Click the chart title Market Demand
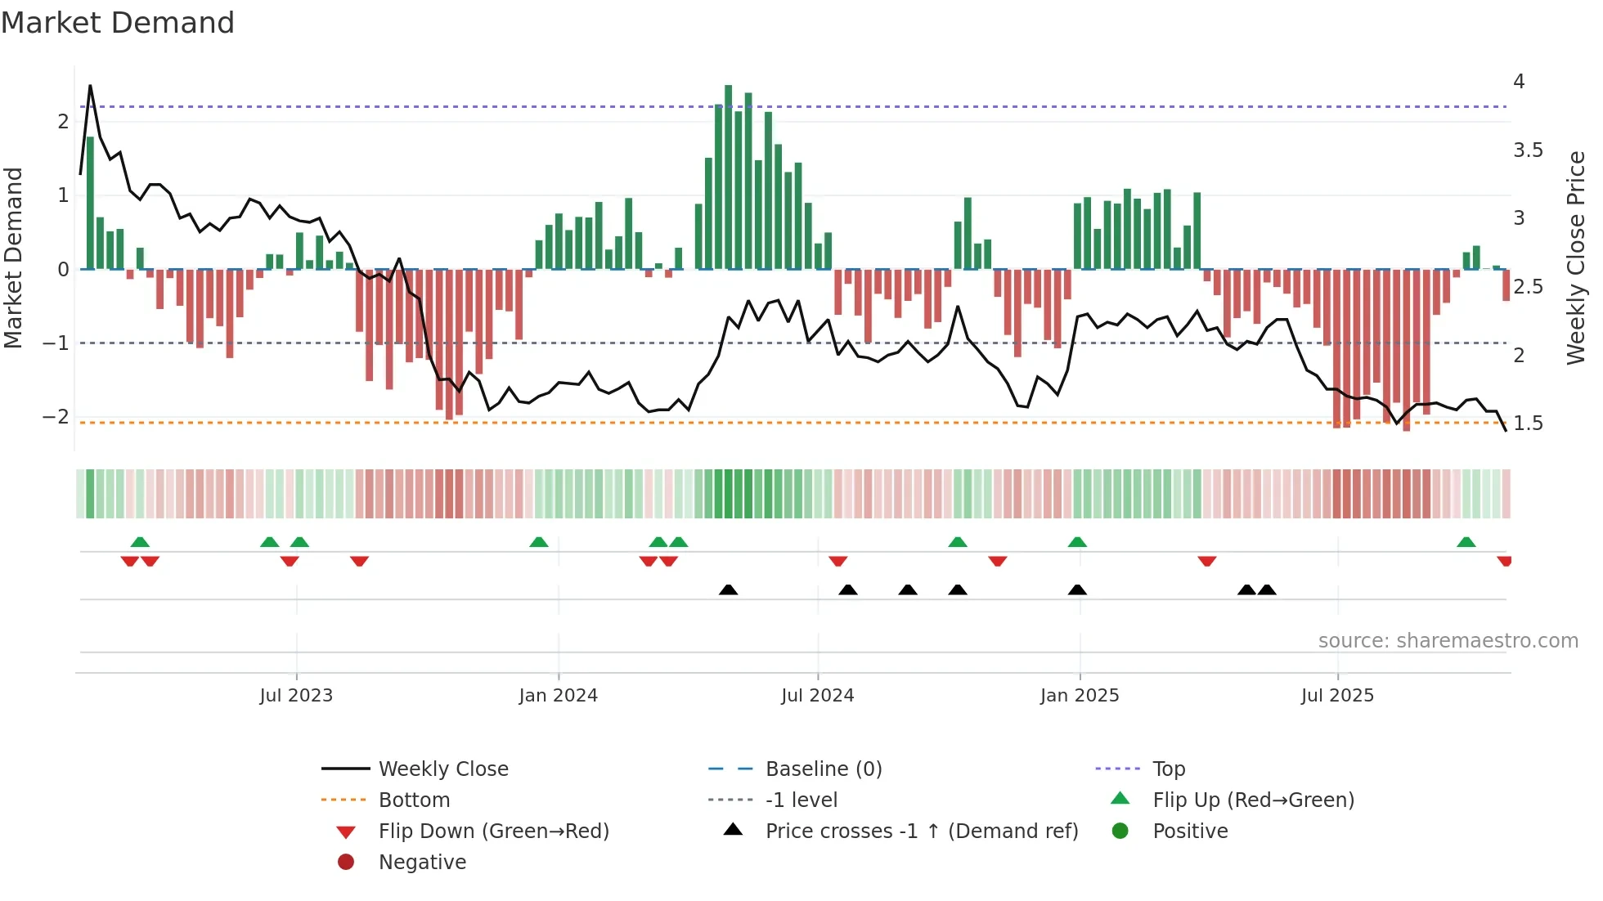click(x=118, y=23)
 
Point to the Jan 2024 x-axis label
click(x=559, y=696)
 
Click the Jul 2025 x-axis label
click(x=1337, y=696)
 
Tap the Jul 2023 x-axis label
click(x=296, y=696)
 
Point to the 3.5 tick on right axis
click(x=1527, y=150)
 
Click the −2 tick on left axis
click(x=56, y=417)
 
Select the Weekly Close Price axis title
click(x=1575, y=258)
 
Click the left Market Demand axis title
click(x=14, y=258)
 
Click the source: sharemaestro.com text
click(x=1448, y=641)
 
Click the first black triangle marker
click(x=728, y=590)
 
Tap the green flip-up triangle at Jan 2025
click(x=1077, y=542)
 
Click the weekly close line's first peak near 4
click(x=90, y=86)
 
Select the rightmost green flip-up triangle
click(x=1466, y=542)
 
